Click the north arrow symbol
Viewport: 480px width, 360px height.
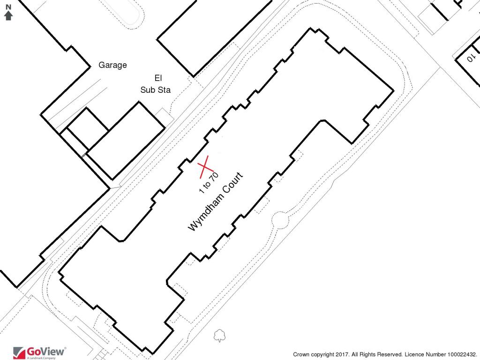(x=8, y=15)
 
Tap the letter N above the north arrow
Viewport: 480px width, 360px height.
(x=8, y=8)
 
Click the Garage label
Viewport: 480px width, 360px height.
(x=112, y=65)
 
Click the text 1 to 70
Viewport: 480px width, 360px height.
(x=209, y=183)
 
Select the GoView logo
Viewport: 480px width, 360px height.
(x=40, y=352)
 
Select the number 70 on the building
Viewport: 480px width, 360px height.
(x=215, y=177)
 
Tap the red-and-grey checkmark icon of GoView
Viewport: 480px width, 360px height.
(x=19, y=352)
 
